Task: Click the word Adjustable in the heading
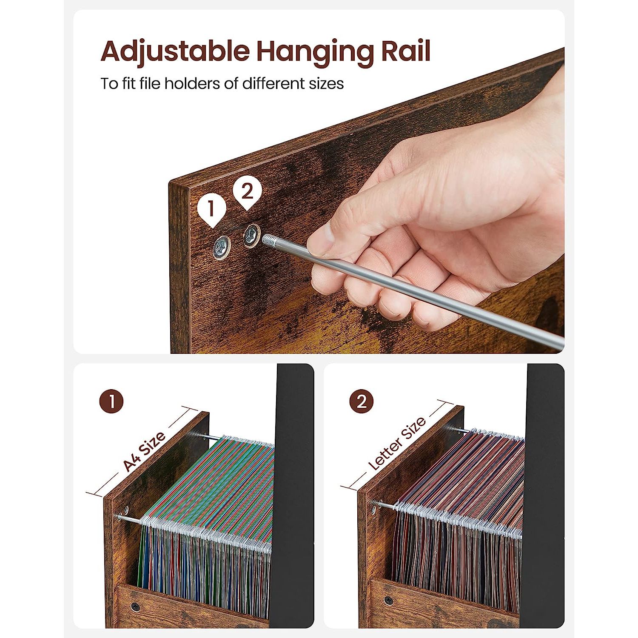[175, 52]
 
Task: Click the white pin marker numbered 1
[211, 211]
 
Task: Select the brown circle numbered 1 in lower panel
[111, 402]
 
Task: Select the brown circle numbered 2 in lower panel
[362, 402]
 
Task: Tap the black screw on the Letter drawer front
[388, 600]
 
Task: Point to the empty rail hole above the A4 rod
[126, 509]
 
